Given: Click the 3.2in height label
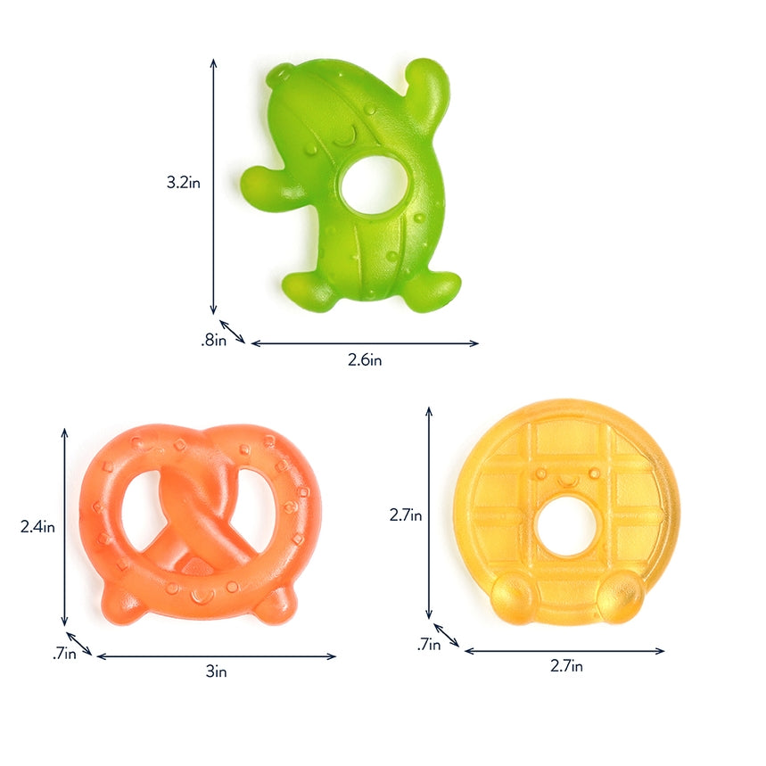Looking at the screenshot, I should coord(183,183).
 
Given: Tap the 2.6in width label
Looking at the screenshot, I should coord(365,359).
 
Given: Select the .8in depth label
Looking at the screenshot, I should coord(212,339).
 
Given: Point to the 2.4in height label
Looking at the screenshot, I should coord(38,526).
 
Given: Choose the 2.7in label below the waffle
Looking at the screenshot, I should coord(565,666).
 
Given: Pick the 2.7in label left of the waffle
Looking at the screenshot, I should coord(406,515).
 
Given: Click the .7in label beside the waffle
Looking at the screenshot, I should coord(430,645).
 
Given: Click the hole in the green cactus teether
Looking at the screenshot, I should coord(375,185).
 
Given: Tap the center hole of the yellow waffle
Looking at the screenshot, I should coord(567,526).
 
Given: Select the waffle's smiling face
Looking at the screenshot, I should coord(567,478).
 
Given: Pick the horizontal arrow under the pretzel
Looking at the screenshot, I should coord(216,656).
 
